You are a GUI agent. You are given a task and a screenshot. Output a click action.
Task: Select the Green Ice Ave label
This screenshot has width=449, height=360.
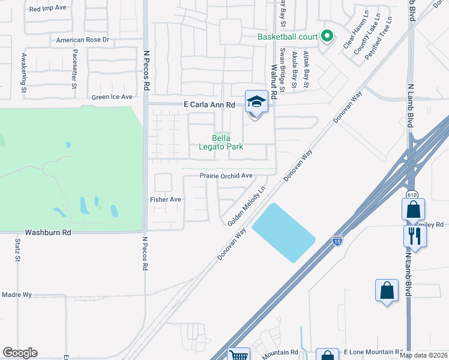click(x=112, y=97)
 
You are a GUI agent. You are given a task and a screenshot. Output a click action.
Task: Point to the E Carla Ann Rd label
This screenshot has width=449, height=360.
click(x=209, y=104)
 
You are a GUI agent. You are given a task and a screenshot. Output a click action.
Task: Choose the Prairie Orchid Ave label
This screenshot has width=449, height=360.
click(x=226, y=176)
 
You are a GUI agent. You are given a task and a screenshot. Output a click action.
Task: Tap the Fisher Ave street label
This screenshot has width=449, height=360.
click(x=165, y=199)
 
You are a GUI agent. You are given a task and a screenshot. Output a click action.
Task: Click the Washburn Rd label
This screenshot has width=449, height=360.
click(x=48, y=232)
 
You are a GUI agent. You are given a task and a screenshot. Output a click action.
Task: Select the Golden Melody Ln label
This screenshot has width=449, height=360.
click(x=246, y=207)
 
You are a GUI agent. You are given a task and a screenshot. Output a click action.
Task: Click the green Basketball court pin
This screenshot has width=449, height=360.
click(x=327, y=37)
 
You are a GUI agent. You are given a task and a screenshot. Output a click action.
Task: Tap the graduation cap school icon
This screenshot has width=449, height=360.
click(x=256, y=102)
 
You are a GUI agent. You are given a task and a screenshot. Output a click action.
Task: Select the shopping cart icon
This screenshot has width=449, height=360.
click(x=239, y=355)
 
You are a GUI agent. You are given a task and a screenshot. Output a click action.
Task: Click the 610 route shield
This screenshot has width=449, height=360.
click(x=411, y=194)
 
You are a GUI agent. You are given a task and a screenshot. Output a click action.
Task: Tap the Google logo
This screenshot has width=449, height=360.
click(x=20, y=353)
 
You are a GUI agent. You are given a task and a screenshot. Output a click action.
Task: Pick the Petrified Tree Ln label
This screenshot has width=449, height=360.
click(x=382, y=36)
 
